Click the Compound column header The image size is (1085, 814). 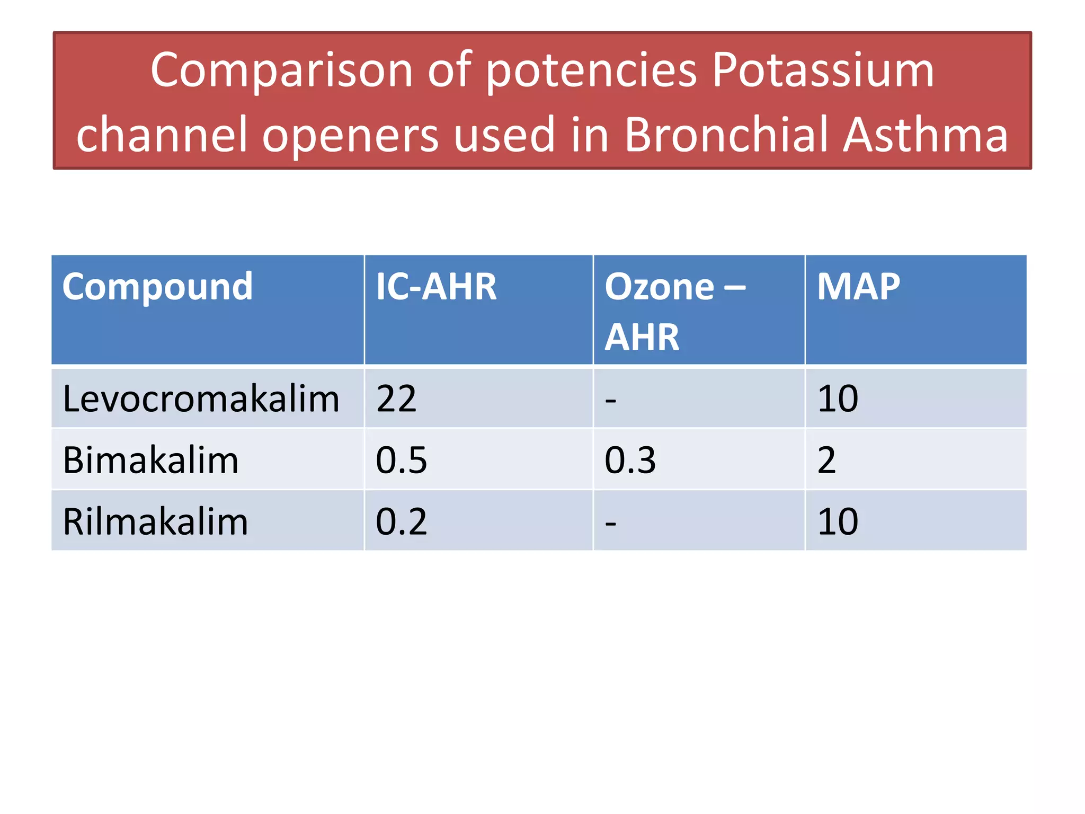click(x=157, y=287)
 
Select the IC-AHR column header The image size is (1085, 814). click(x=436, y=287)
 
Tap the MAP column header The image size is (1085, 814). click(x=858, y=287)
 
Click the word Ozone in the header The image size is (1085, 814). click(x=659, y=287)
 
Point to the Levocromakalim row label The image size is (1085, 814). click(x=201, y=399)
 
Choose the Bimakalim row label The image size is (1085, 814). click(x=150, y=460)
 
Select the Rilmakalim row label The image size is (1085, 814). click(x=155, y=522)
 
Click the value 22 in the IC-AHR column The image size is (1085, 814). click(x=396, y=399)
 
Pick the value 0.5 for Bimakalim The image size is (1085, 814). click(x=401, y=460)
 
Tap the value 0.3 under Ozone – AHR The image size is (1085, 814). click(x=630, y=460)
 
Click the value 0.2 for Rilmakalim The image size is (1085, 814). click(x=401, y=522)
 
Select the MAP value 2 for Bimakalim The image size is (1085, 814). click(x=826, y=460)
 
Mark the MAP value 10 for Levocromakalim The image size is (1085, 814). click(x=838, y=399)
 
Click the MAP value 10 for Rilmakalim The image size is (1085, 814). click(x=838, y=522)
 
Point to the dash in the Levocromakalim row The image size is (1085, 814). click(x=610, y=401)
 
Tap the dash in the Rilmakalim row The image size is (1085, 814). click(x=610, y=524)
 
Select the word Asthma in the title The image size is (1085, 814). click(x=925, y=135)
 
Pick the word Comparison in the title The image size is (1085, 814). click(x=281, y=72)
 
